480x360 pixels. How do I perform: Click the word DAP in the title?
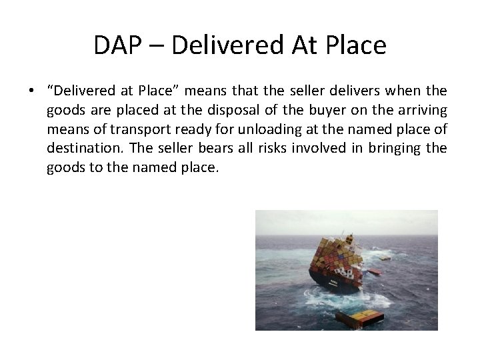tap(118, 45)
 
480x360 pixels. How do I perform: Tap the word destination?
tap(76, 148)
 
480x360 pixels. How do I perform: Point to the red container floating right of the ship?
tap(374, 272)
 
